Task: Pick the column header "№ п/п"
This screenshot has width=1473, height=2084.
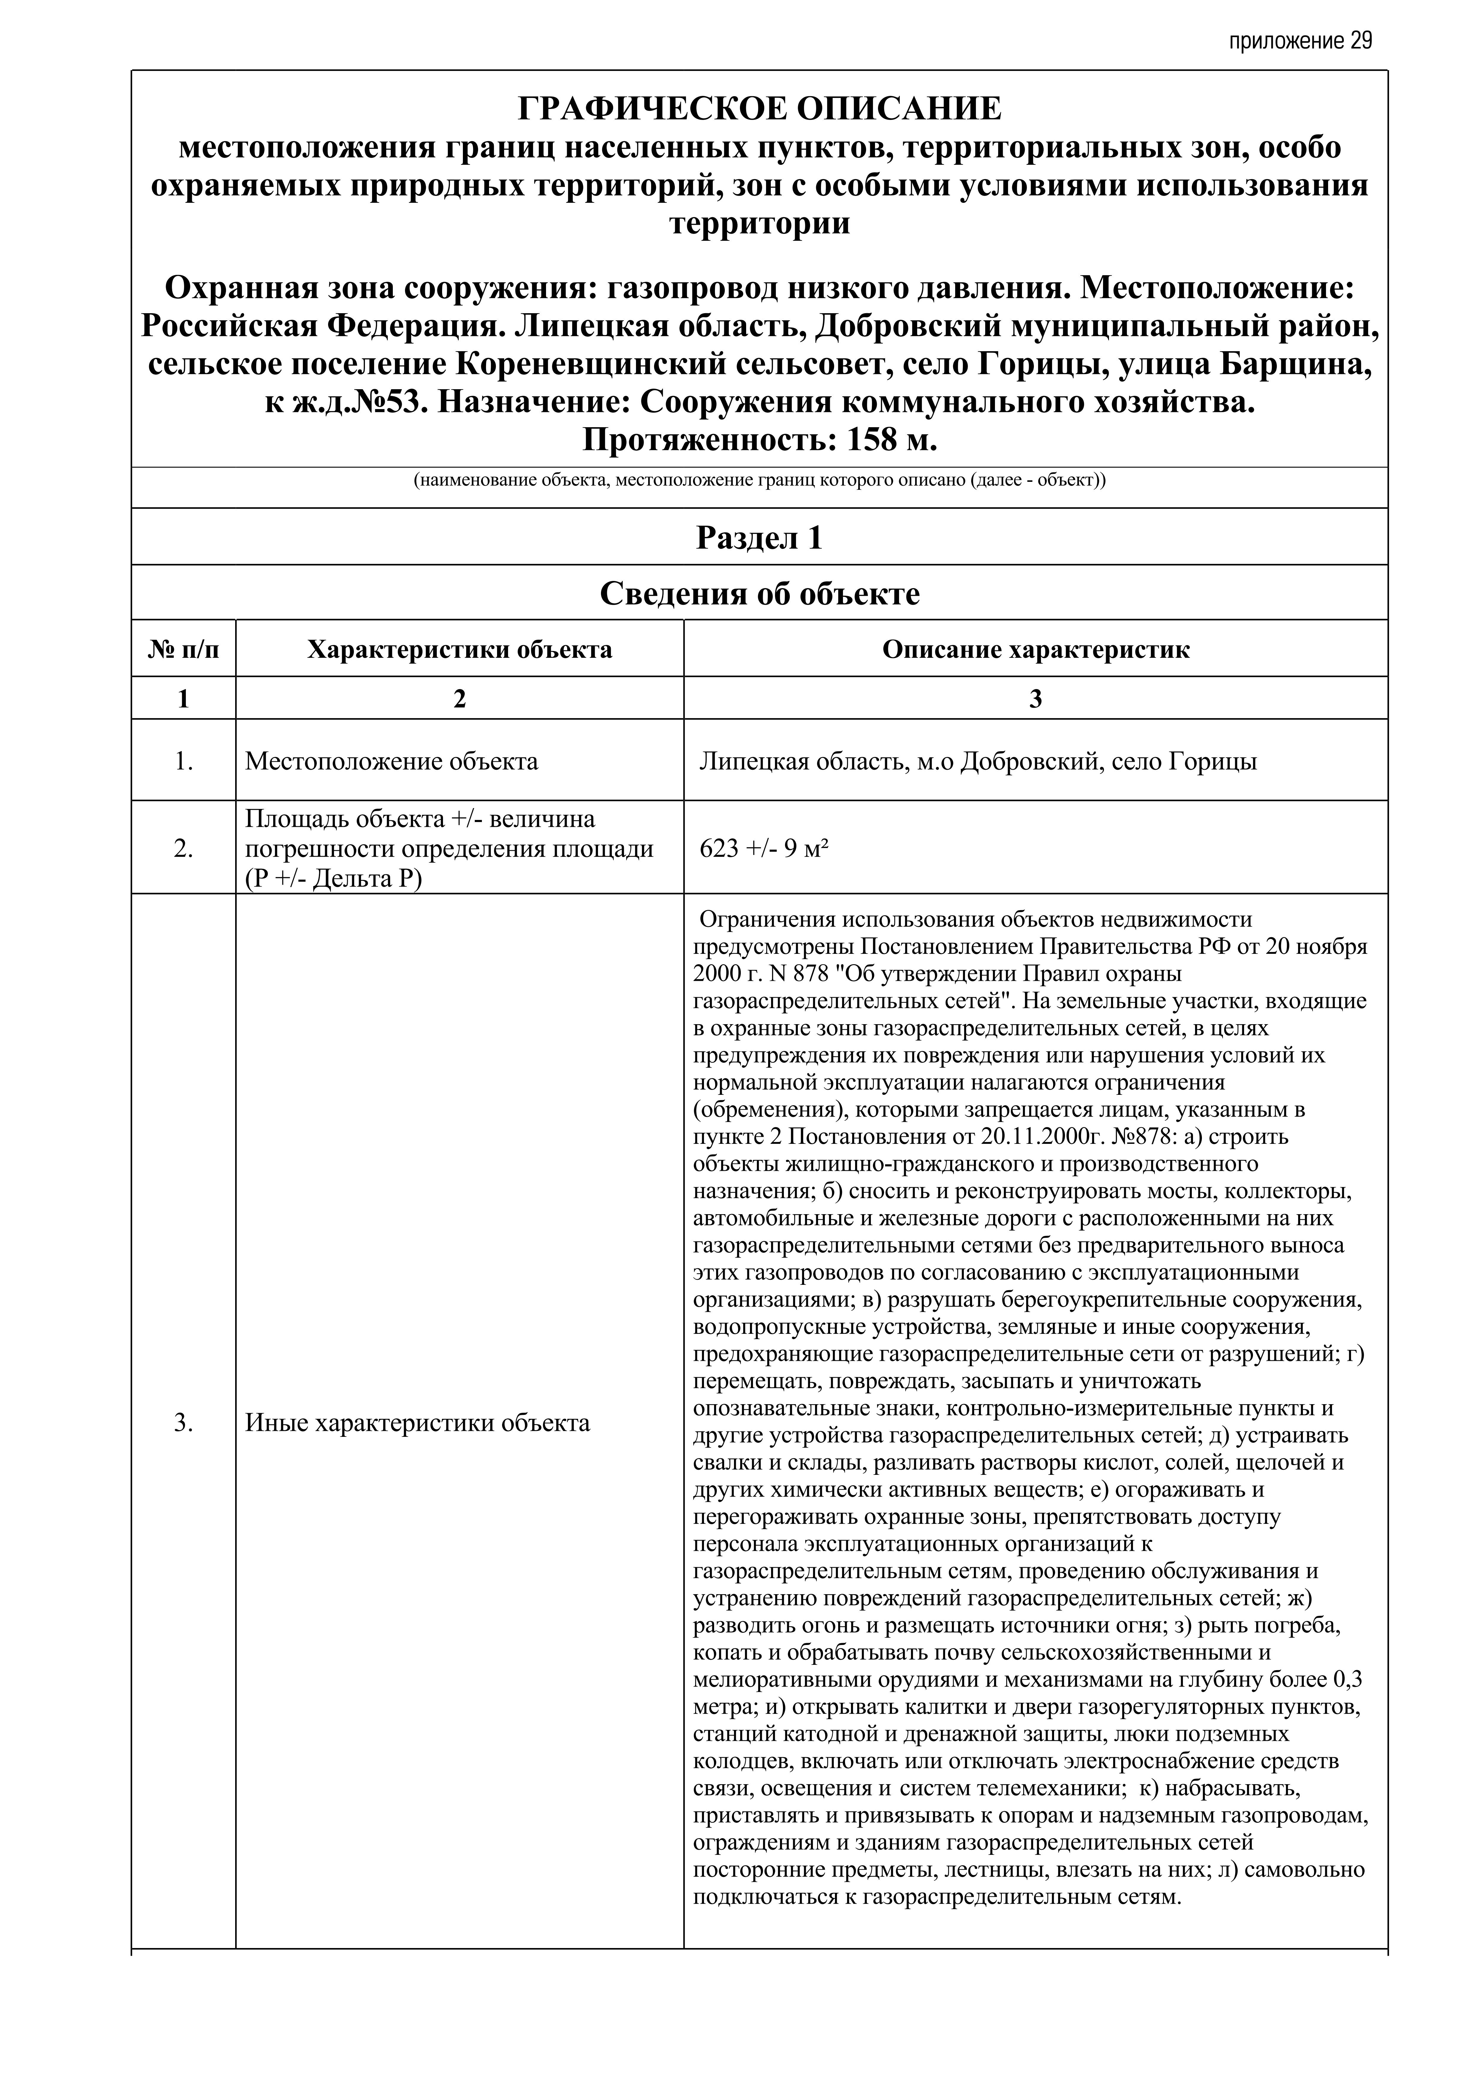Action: click(183, 650)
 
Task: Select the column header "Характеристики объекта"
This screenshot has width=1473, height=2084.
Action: click(459, 650)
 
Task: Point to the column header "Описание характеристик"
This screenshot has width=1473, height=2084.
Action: click(1036, 650)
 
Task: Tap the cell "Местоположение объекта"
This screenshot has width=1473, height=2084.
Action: click(391, 761)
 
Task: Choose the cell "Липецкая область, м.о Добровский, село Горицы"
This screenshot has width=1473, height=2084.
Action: click(977, 761)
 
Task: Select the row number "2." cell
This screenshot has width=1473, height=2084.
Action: click(183, 849)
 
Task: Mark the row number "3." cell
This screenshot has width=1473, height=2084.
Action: click(183, 1422)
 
